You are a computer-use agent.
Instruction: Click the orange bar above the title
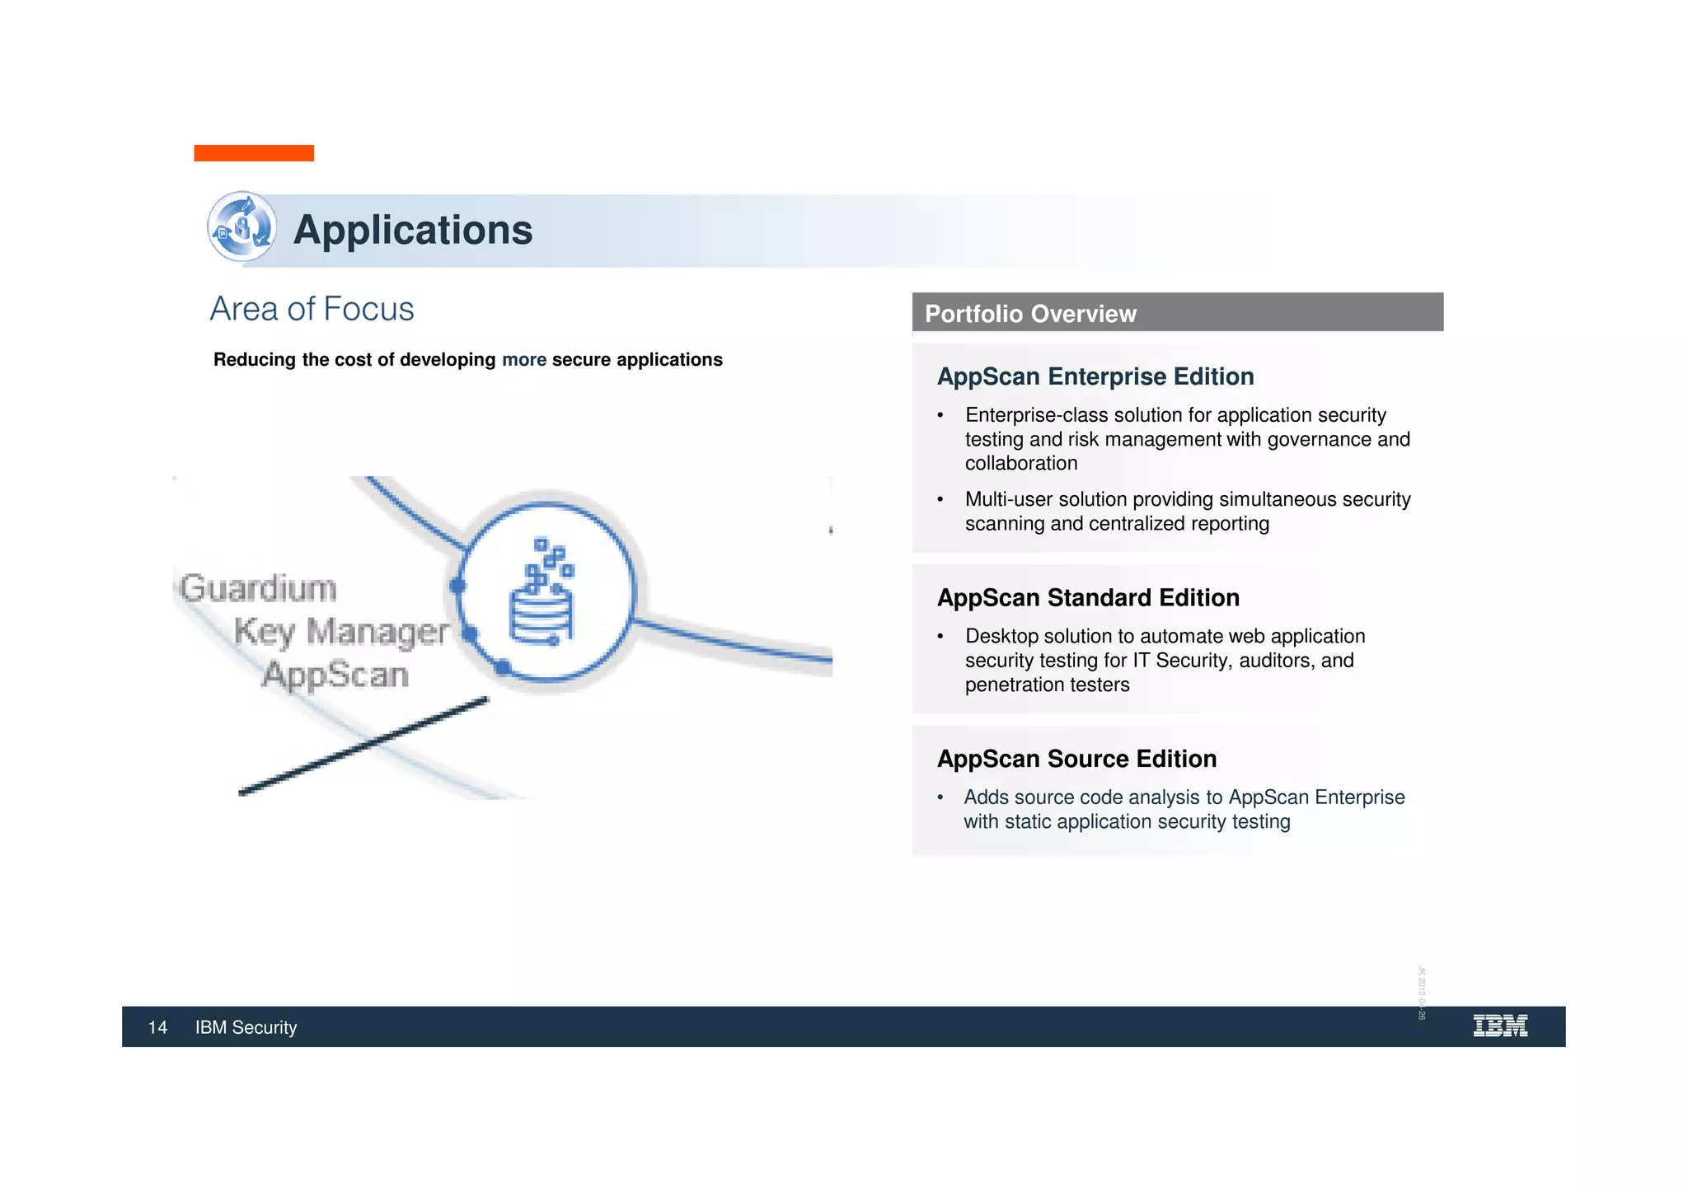tap(254, 153)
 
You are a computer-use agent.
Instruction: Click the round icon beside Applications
tap(241, 227)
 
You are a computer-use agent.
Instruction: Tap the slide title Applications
tap(413, 230)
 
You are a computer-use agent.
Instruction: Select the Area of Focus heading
tap(312, 309)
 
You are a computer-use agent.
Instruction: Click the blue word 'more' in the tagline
tap(524, 360)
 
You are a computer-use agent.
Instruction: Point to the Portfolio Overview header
tap(1030, 314)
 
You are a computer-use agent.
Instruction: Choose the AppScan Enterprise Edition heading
tap(1095, 376)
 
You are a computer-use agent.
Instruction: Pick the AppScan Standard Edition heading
tap(1088, 597)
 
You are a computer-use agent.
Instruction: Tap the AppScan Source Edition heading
tap(1076, 759)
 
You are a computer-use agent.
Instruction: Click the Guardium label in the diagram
tap(259, 588)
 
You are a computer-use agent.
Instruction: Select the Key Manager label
tap(341, 632)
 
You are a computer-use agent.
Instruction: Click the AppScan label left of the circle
tap(335, 675)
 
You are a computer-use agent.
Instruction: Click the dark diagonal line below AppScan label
tap(363, 746)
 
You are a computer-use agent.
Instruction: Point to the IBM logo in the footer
tap(1499, 1026)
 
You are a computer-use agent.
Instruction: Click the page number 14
tap(157, 1027)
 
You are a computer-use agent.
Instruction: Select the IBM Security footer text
tap(246, 1027)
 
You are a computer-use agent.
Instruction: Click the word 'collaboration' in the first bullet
tap(1021, 463)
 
